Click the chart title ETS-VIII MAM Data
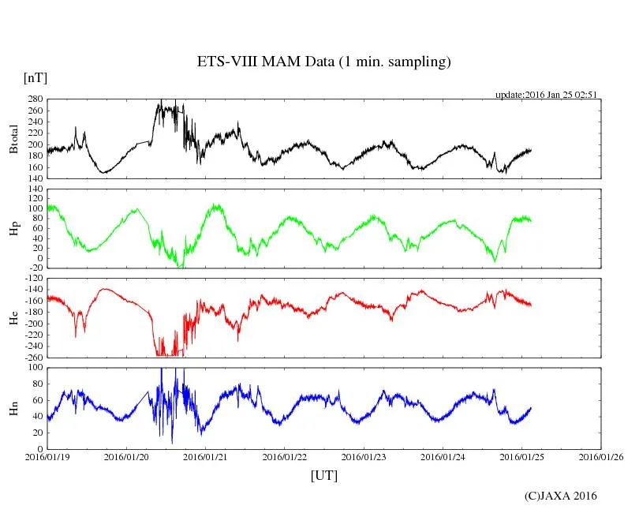(x=323, y=62)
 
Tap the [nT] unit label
(x=35, y=78)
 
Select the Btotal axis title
(x=13, y=139)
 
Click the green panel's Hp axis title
(x=13, y=229)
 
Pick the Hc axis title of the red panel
(x=13, y=318)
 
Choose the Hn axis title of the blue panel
(x=13, y=408)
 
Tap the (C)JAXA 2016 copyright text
(x=561, y=496)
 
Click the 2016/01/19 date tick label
(x=47, y=457)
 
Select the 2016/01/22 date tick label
(x=285, y=457)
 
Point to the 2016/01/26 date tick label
(x=601, y=457)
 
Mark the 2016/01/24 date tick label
(x=443, y=457)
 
